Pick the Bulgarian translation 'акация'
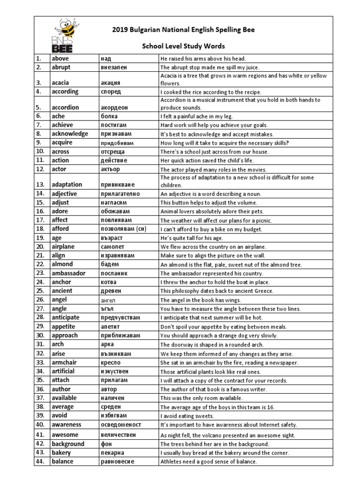tap(111, 83)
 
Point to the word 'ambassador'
tap(68, 273)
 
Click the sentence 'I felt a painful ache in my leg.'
tap(196, 116)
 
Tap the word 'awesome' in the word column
tap(65, 435)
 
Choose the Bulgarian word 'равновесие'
tap(118, 461)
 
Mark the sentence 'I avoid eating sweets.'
tap(187, 416)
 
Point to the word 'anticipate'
tap(66, 317)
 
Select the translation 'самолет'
tap(113, 247)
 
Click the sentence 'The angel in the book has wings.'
tap(200, 300)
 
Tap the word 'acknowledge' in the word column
tap(70, 134)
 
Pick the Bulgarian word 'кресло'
tap(111, 362)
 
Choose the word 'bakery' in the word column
tap(61, 452)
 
